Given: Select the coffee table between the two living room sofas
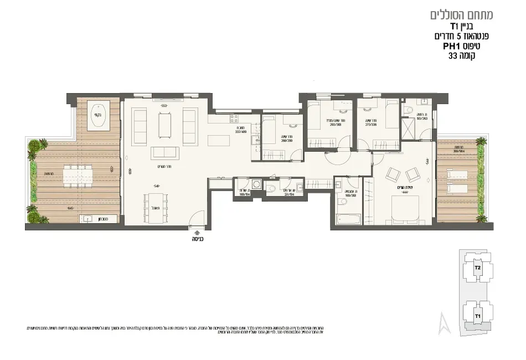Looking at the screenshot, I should [x=165, y=125].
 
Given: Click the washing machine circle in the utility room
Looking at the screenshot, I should [x=256, y=184].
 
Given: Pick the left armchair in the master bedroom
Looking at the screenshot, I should [x=392, y=175].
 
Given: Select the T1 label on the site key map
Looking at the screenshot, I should [x=477, y=316].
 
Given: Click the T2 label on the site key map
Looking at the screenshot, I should [x=477, y=267].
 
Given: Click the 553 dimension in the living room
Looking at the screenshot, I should [x=164, y=105].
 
